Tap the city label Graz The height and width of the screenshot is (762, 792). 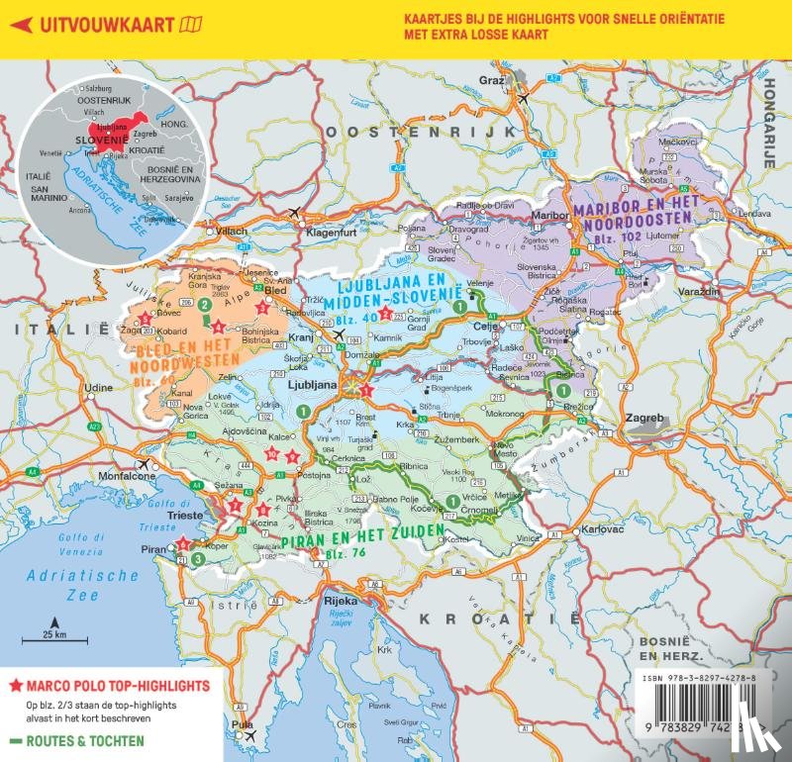[492, 78]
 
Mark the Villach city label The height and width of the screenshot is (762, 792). [231, 231]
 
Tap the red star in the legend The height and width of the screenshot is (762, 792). [15, 685]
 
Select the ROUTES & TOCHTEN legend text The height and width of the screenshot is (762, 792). [84, 740]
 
